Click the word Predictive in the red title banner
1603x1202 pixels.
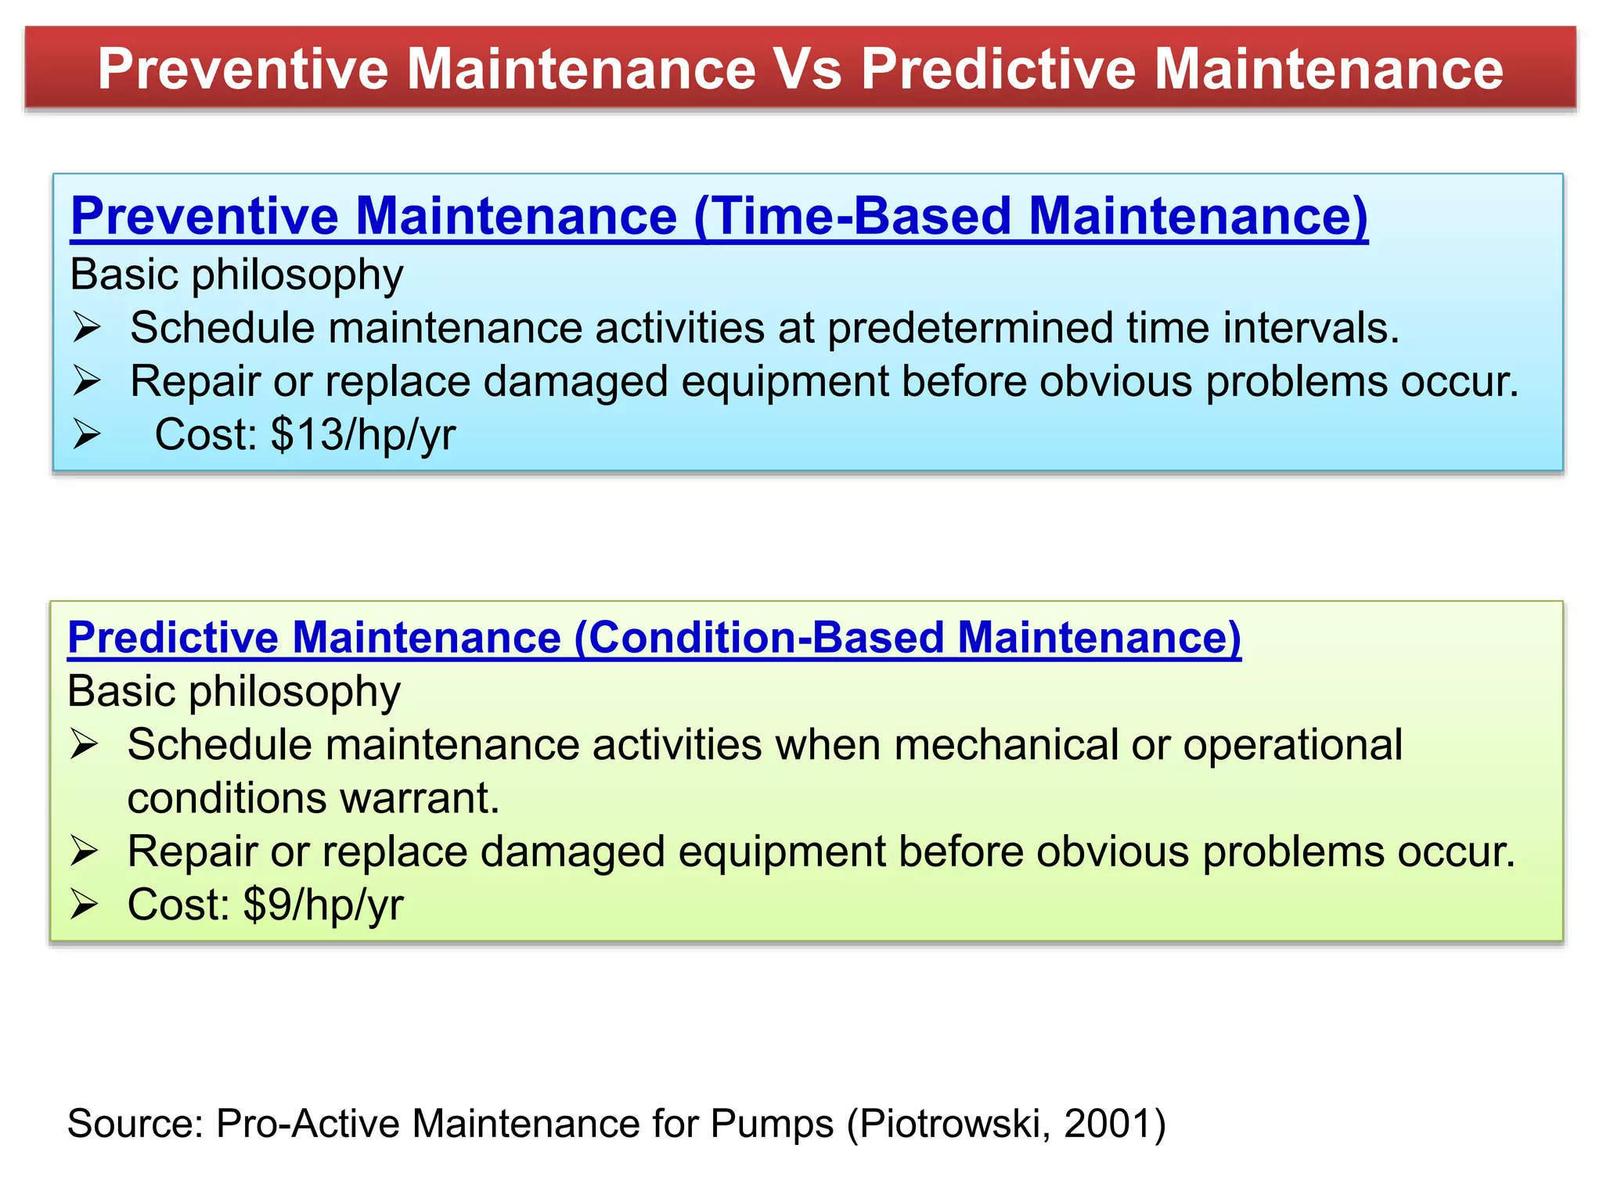click(999, 69)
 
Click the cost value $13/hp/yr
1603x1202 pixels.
click(363, 434)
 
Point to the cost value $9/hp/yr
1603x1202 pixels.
click(323, 905)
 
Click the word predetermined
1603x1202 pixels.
click(970, 328)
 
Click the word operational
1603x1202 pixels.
click(1292, 744)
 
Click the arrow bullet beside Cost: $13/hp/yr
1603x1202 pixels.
click(87, 434)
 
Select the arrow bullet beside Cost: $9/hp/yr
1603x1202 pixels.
click(84, 905)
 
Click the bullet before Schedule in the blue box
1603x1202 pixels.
click(87, 328)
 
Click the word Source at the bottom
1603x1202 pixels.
click(135, 1124)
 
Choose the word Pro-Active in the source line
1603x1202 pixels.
click(308, 1124)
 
